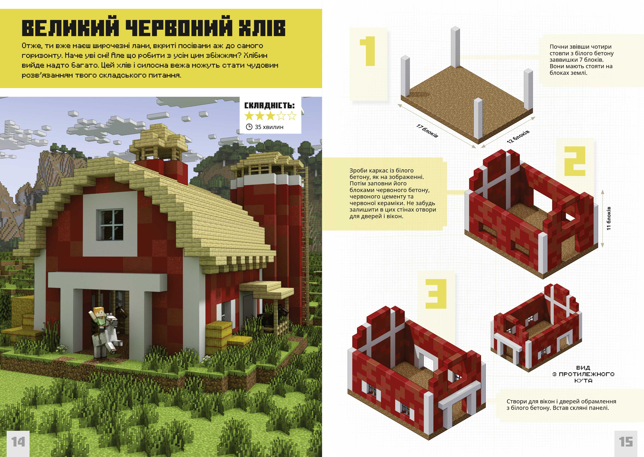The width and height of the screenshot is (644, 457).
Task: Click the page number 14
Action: (18, 442)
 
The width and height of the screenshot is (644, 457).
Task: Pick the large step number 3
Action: (436, 294)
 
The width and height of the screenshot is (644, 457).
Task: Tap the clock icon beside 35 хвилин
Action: (249, 127)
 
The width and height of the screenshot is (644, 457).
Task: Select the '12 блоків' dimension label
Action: (518, 137)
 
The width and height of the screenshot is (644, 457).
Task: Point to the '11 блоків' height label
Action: (609, 218)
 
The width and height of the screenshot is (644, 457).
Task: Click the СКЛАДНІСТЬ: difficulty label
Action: (269, 106)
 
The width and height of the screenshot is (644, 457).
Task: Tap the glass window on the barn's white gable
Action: (110, 224)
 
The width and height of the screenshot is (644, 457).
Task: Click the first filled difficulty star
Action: (249, 116)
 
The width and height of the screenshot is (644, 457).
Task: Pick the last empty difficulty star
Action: (292, 116)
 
